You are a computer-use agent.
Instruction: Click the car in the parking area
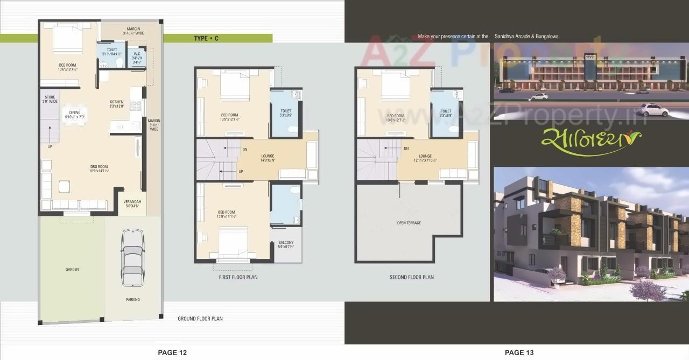pyautogui.click(x=132, y=258)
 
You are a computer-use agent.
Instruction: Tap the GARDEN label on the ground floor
pyautogui.click(x=72, y=270)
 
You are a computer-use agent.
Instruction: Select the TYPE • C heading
pyautogui.click(x=206, y=38)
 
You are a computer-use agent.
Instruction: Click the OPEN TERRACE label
pyautogui.click(x=409, y=223)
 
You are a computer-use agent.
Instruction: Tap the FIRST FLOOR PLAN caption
pyautogui.click(x=238, y=278)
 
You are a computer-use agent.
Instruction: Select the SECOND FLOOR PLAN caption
pyautogui.click(x=411, y=278)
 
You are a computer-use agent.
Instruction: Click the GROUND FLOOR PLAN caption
pyautogui.click(x=200, y=319)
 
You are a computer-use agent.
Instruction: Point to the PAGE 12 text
pyautogui.click(x=172, y=352)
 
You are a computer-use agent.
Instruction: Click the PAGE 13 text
pyautogui.click(x=519, y=352)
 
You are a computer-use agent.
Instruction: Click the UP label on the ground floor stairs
pyautogui.click(x=51, y=146)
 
